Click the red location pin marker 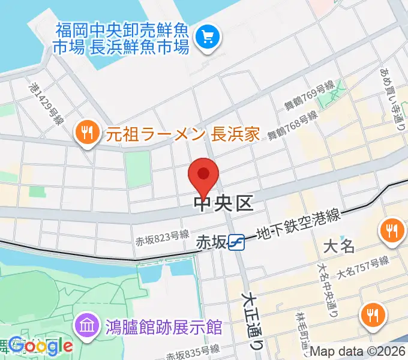[203, 175]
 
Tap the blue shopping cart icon [209, 37]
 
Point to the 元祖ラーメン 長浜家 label [183, 133]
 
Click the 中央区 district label [224, 204]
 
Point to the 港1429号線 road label [45, 103]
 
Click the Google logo [41, 346]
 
